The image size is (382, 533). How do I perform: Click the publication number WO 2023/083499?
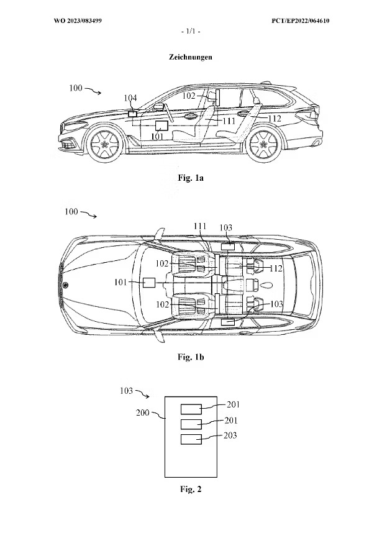click(78, 21)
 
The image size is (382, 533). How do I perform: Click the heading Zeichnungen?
click(190, 57)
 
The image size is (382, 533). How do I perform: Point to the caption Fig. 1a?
click(191, 178)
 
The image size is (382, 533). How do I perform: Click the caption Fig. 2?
click(191, 490)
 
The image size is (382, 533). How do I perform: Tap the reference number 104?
click(130, 98)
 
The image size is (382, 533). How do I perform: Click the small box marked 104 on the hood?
click(132, 114)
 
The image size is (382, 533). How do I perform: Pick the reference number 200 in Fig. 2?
click(143, 412)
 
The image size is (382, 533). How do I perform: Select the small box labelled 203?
click(192, 439)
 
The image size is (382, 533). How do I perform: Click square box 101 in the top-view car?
click(148, 283)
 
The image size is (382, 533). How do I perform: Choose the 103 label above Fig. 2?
click(126, 391)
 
